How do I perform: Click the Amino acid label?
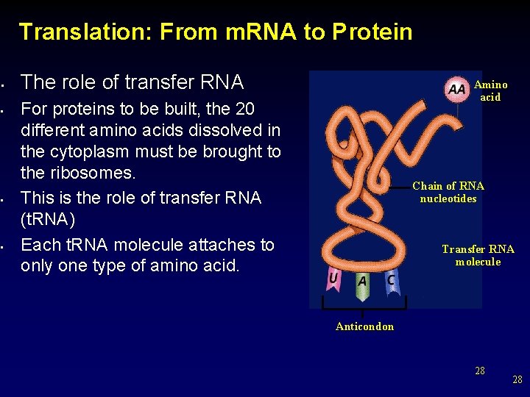pyautogui.click(x=490, y=91)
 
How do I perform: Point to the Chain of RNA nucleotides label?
pyautogui.click(x=448, y=192)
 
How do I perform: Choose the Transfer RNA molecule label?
pyautogui.click(x=478, y=255)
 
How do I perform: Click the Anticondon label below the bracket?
pyautogui.click(x=364, y=326)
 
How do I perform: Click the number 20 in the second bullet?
pyautogui.click(x=244, y=110)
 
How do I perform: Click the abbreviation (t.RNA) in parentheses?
pyautogui.click(x=49, y=220)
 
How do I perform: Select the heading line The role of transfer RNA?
pyautogui.click(x=132, y=82)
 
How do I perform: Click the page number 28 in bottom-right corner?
pyautogui.click(x=517, y=379)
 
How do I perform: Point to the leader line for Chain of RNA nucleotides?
pyautogui.click(x=390, y=187)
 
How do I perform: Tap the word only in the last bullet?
pyautogui.click(x=38, y=265)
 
